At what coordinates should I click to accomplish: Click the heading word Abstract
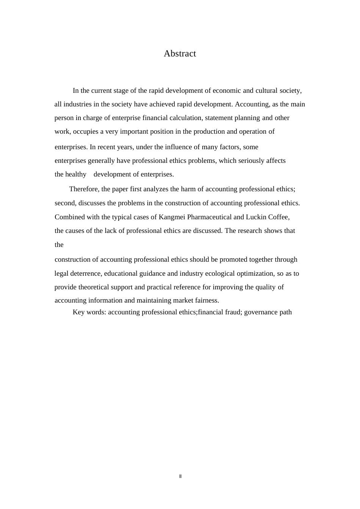pos(180,54)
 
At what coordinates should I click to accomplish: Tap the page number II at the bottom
pos(180,476)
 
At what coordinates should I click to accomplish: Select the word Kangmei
pos(172,217)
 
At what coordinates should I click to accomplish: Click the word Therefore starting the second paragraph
pos(84,189)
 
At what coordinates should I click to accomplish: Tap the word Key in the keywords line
pos(78,312)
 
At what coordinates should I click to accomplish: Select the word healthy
pos(76,174)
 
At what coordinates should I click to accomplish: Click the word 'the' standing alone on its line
pos(59,245)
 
